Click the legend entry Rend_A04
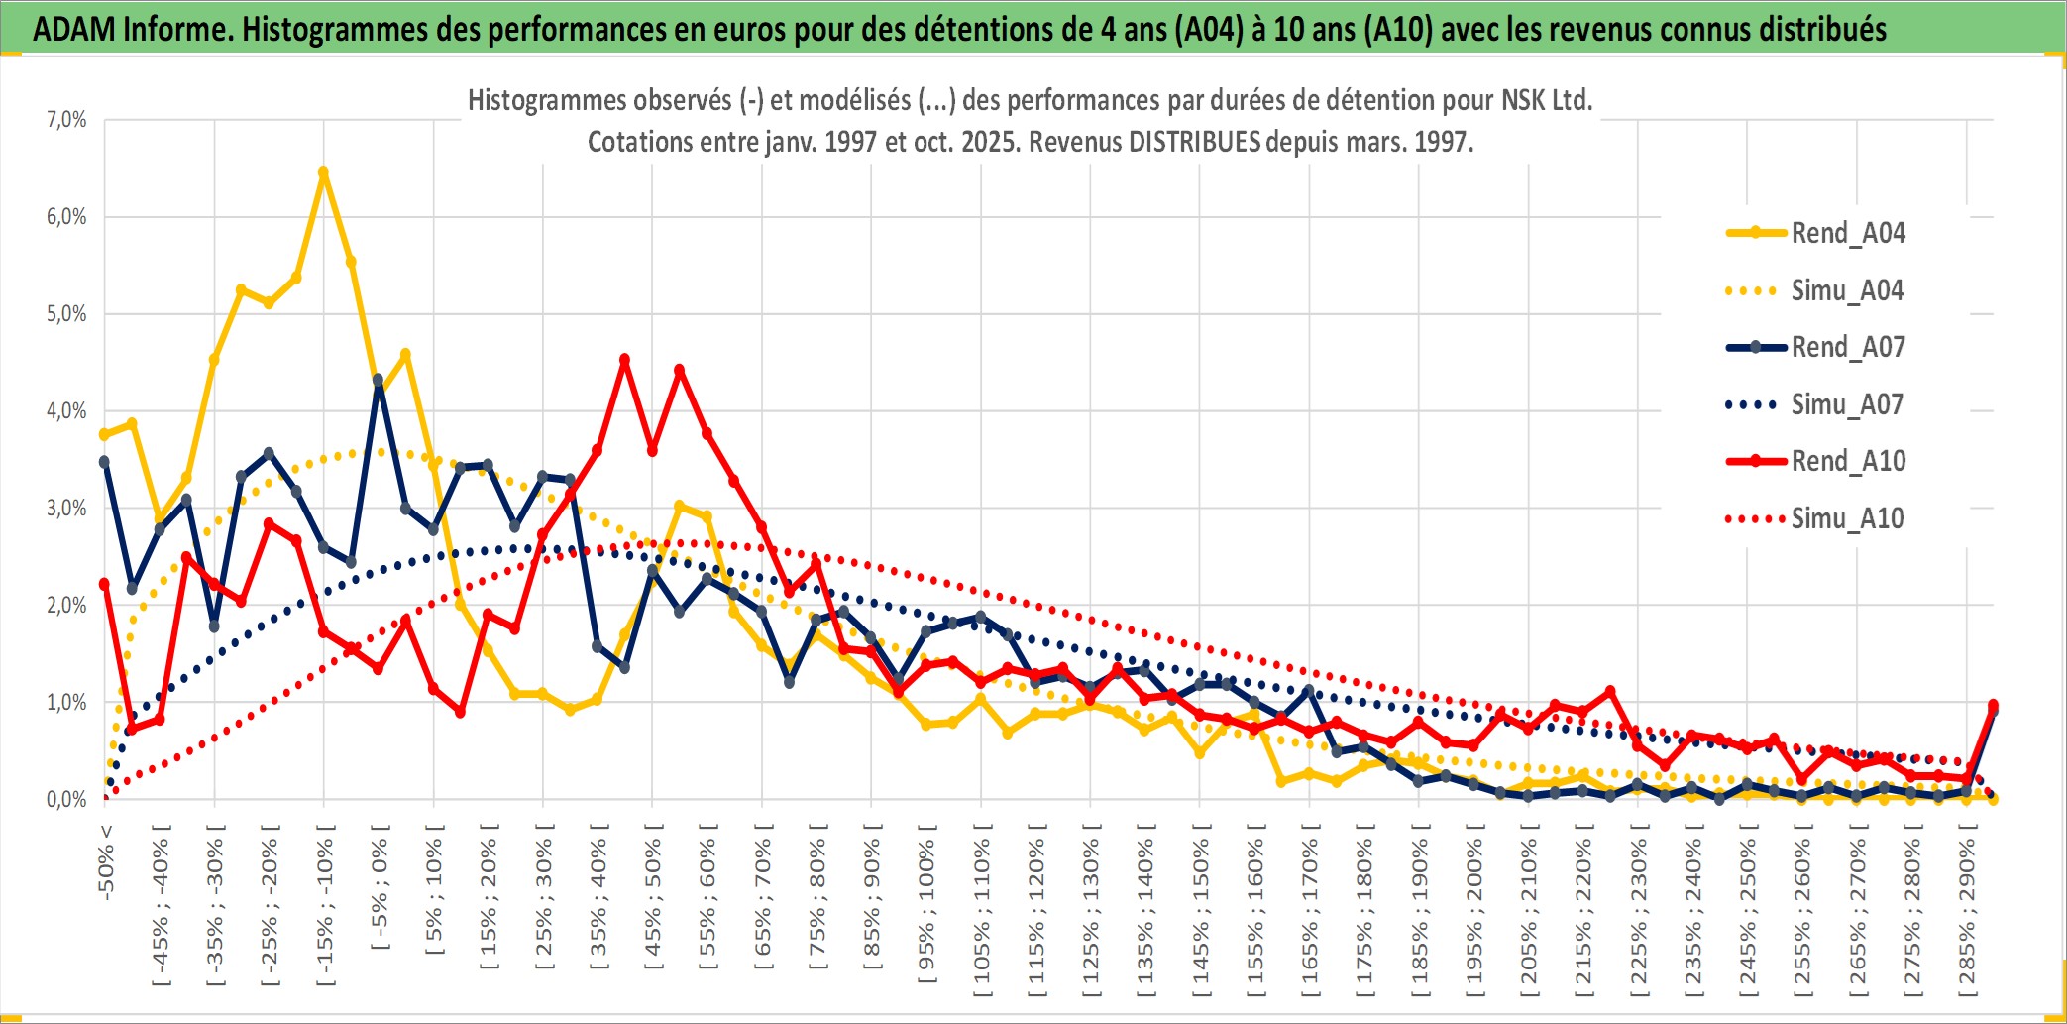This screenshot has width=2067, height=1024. coord(1847,233)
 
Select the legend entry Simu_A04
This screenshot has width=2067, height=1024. coord(1847,290)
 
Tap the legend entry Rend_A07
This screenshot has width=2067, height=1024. coord(1847,347)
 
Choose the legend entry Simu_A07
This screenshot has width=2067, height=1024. coord(1847,404)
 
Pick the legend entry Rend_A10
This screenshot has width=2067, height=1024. coord(1847,461)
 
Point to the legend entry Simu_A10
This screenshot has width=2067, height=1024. coord(1847,518)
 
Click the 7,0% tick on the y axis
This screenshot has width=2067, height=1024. coord(66,120)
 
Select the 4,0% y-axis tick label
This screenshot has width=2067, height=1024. coord(66,411)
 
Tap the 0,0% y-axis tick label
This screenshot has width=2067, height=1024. coord(66,800)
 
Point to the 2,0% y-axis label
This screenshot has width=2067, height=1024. coord(66,606)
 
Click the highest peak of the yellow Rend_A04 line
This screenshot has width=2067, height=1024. coord(323,171)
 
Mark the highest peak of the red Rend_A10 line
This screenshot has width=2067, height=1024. coord(624,360)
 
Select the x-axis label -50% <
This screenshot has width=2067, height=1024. coord(106,862)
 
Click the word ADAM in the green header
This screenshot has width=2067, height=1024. coord(73,29)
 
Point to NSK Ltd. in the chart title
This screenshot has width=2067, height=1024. coord(1546,100)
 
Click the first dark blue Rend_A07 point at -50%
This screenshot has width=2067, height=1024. coord(104,462)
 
